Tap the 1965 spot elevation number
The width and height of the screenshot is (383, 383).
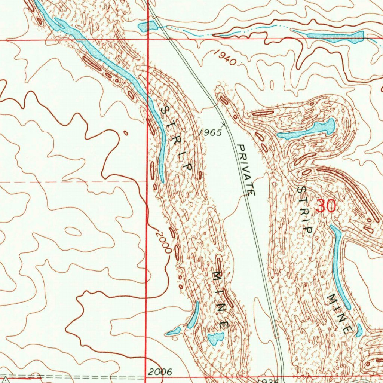click(x=210, y=132)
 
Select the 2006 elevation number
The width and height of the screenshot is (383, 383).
click(x=160, y=372)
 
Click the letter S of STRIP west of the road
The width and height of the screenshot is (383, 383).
click(x=165, y=111)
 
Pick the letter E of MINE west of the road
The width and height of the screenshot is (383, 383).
click(x=226, y=324)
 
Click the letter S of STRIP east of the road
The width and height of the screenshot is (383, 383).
click(x=301, y=190)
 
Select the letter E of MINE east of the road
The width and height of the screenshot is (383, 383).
click(x=348, y=329)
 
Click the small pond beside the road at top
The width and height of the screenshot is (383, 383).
click(x=147, y=26)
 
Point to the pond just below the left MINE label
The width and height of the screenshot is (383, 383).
click(x=215, y=338)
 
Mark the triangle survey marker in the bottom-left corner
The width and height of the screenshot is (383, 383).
click(x=5, y=379)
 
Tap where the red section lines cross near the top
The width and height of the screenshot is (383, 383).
click(x=148, y=39)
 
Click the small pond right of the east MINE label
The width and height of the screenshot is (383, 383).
click(x=359, y=330)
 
